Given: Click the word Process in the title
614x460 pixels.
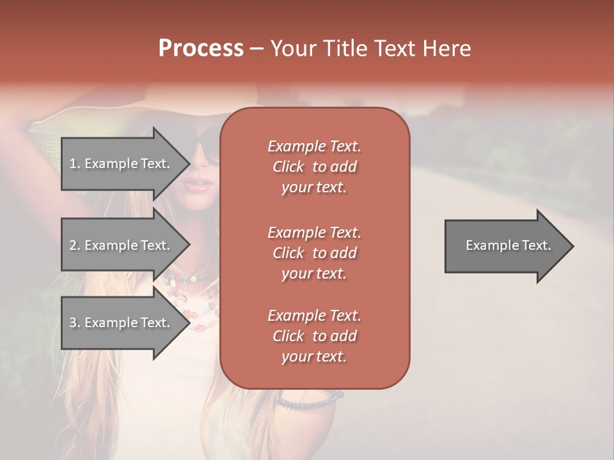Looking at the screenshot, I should click(x=201, y=49).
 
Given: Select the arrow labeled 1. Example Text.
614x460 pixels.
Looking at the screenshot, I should click(x=122, y=164).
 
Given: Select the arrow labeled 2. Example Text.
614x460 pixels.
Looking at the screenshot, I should click(x=122, y=245).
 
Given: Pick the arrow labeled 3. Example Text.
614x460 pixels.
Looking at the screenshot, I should click(x=122, y=323).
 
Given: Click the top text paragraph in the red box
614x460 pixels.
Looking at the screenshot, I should click(x=314, y=167).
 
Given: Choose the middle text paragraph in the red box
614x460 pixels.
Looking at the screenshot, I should click(x=314, y=252).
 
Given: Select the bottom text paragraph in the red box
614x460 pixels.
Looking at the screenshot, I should click(x=314, y=336).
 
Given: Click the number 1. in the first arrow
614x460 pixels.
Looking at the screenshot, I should click(x=75, y=164).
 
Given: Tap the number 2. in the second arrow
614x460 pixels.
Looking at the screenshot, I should click(x=75, y=245).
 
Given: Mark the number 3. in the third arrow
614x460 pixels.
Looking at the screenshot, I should click(x=75, y=323).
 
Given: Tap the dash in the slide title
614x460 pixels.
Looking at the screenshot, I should click(x=256, y=49).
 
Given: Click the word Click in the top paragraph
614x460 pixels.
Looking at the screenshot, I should click(x=288, y=167).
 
